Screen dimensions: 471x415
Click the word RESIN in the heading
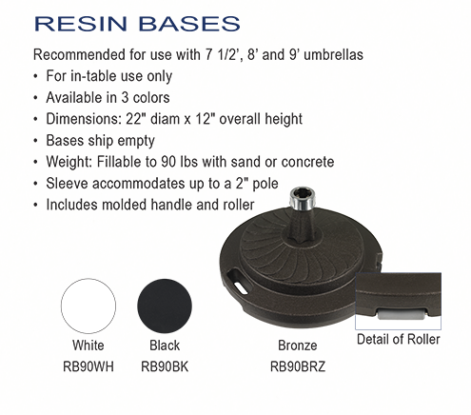click(81, 24)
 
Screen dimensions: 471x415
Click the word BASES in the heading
click(189, 24)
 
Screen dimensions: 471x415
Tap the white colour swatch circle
click(88, 306)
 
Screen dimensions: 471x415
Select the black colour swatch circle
click(165, 306)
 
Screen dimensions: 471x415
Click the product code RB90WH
click(88, 366)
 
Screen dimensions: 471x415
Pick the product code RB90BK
click(165, 366)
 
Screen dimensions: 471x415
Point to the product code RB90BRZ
click(298, 366)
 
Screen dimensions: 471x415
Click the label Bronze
click(298, 346)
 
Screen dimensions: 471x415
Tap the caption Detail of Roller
click(399, 339)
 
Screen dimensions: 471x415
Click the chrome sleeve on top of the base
click(303, 198)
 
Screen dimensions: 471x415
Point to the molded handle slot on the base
click(238, 281)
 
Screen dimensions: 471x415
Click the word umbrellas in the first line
click(333, 54)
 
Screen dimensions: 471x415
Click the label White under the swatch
click(88, 346)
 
